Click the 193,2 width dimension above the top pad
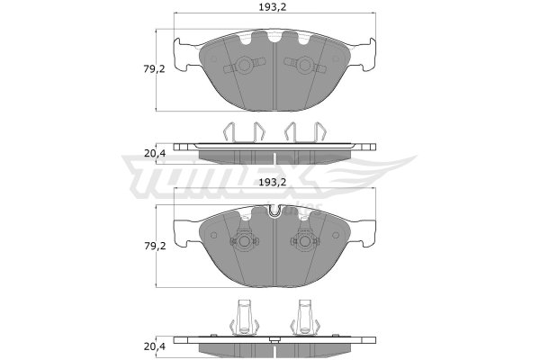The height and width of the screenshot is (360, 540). click(x=273, y=7)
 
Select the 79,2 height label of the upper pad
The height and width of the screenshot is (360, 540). click(x=154, y=69)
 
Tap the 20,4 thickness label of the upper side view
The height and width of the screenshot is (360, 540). click(x=155, y=153)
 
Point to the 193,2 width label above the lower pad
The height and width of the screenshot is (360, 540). click(x=273, y=182)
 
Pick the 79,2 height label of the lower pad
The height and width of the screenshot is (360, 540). click(x=155, y=246)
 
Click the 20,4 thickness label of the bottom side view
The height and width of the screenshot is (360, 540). click(x=155, y=346)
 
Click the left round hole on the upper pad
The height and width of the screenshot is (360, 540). click(x=245, y=65)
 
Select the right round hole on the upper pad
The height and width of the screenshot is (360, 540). click(x=304, y=65)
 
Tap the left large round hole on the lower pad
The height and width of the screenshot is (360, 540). click(x=245, y=241)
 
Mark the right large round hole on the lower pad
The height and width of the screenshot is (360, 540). click(x=304, y=241)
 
